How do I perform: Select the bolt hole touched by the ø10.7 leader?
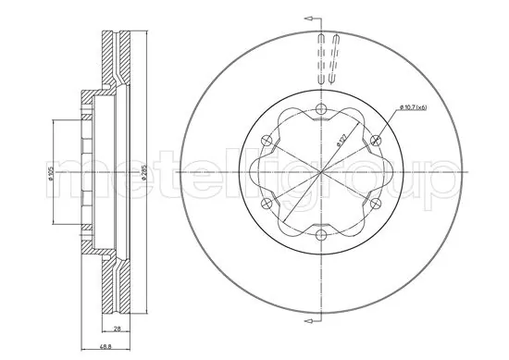pyautogui.click(x=377, y=141)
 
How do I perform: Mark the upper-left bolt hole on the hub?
pyautogui.click(x=266, y=141)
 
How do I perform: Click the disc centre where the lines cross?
pyautogui.click(x=320, y=173)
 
